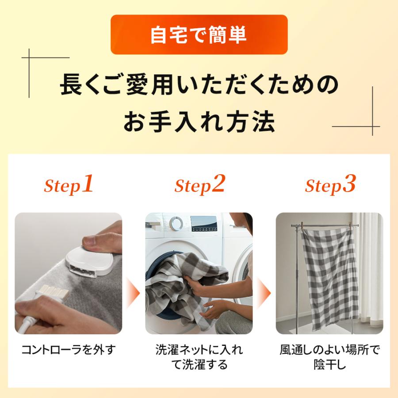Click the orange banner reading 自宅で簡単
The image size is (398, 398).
[199, 35]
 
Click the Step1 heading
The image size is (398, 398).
[69, 185]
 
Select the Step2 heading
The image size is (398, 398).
[199, 185]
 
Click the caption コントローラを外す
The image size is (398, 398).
[69, 350]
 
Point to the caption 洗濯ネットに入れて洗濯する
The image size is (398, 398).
[199, 357]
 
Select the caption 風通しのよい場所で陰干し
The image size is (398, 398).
[329, 357]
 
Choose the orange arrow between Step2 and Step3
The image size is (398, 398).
[264, 293]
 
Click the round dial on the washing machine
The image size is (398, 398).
[176, 223]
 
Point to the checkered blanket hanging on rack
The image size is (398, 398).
[329, 279]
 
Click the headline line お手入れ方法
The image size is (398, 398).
[199, 121]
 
